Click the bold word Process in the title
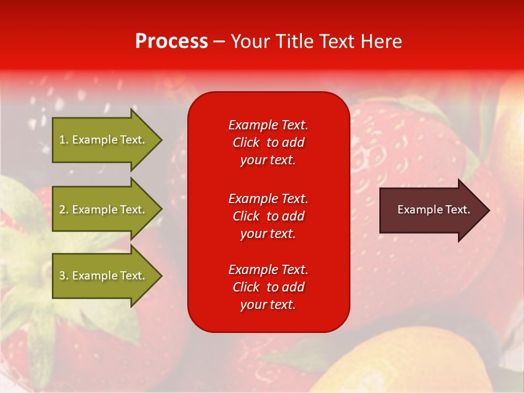pos(171,41)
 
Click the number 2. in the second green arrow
pos(63,210)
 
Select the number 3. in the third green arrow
pos(63,276)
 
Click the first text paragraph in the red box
pos(268,142)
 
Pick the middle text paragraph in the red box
pos(268,216)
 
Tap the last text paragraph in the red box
pos(268,287)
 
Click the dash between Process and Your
pos(219,41)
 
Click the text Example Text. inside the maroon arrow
pos(433,210)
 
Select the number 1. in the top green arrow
pos(63,140)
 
